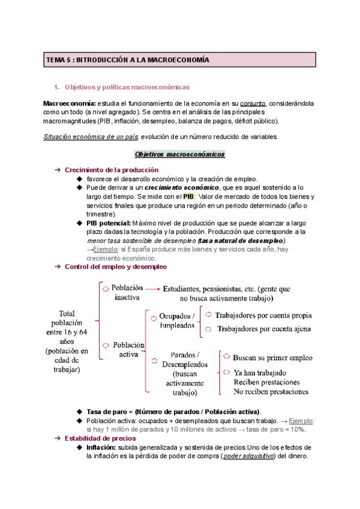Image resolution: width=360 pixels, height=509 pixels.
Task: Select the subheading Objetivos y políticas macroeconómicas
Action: point(127,87)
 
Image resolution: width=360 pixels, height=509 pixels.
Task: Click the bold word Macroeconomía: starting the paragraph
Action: point(70,103)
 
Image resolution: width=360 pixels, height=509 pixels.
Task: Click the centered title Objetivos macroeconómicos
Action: point(180,154)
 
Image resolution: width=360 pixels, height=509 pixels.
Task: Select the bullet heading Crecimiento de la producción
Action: point(112,170)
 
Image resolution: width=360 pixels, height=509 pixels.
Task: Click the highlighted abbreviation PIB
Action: point(188,197)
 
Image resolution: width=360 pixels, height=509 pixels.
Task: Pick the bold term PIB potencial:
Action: point(108,223)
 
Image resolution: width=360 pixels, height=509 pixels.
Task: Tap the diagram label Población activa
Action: point(128,349)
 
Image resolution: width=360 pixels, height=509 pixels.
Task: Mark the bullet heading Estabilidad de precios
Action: point(102,439)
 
